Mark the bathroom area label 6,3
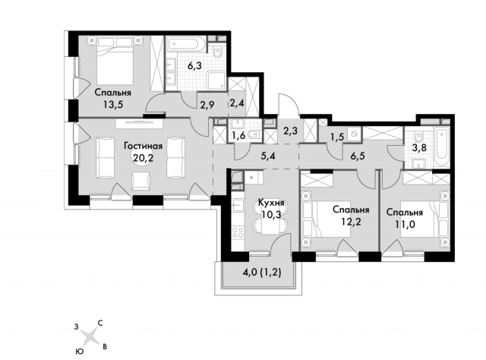point(194,66)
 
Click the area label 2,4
point(235,103)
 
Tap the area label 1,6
point(237,136)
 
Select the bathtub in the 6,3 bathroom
point(184,40)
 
